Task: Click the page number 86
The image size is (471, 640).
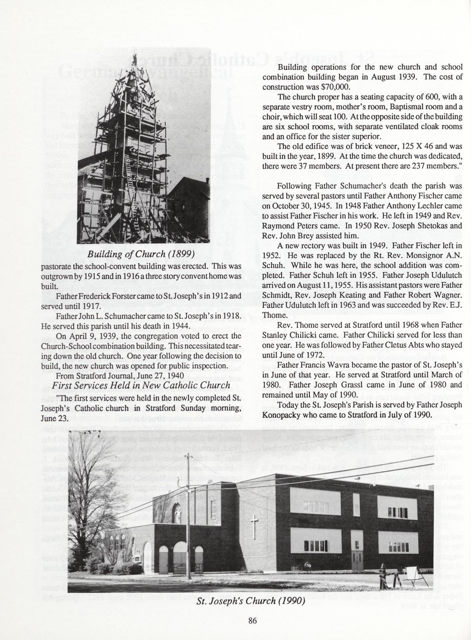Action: [252, 622]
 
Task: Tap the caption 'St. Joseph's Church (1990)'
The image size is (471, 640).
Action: [251, 602]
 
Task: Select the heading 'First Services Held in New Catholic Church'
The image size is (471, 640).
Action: [141, 386]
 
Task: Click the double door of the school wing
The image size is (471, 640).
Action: [358, 560]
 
